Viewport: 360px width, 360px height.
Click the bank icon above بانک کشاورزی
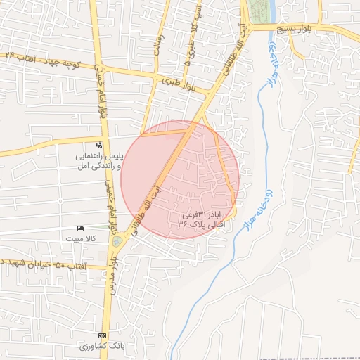click(x=103, y=335)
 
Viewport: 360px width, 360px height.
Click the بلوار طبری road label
click(x=187, y=84)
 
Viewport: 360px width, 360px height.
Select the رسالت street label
click(x=159, y=42)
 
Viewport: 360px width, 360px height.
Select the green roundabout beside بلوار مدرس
click(x=116, y=241)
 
